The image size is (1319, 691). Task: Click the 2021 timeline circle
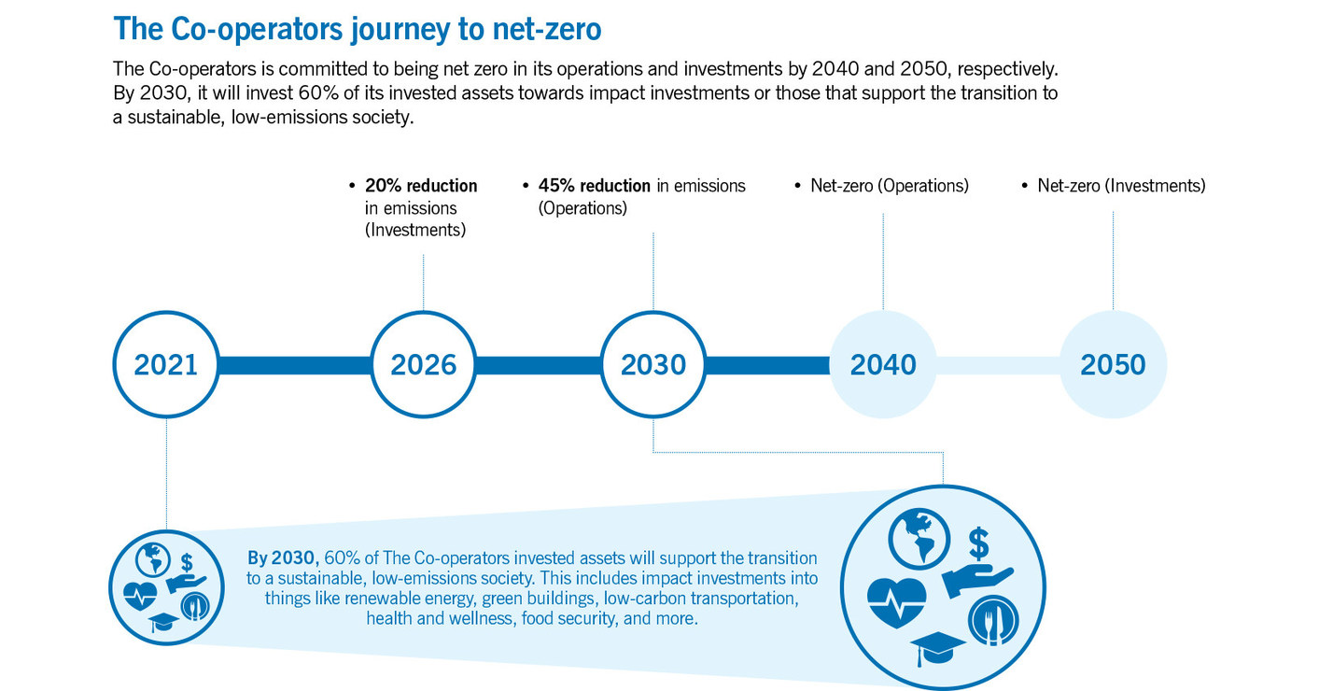coord(166,364)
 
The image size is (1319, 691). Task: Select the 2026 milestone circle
coord(424,364)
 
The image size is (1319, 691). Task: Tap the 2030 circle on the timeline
coord(653,364)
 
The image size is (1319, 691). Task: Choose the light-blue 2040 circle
coord(883,364)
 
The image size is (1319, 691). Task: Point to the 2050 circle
coord(1113,364)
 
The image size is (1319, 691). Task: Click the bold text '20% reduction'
coord(421,186)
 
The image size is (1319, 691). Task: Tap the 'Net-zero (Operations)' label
coord(889,186)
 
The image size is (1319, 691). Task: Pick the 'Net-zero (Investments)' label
coord(1121,186)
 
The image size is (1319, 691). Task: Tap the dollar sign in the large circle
coord(978,541)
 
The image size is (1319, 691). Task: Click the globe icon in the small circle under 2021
coord(152,557)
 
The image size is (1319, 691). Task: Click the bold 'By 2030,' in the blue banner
coord(283,558)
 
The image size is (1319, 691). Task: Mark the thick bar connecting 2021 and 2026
coord(295,364)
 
